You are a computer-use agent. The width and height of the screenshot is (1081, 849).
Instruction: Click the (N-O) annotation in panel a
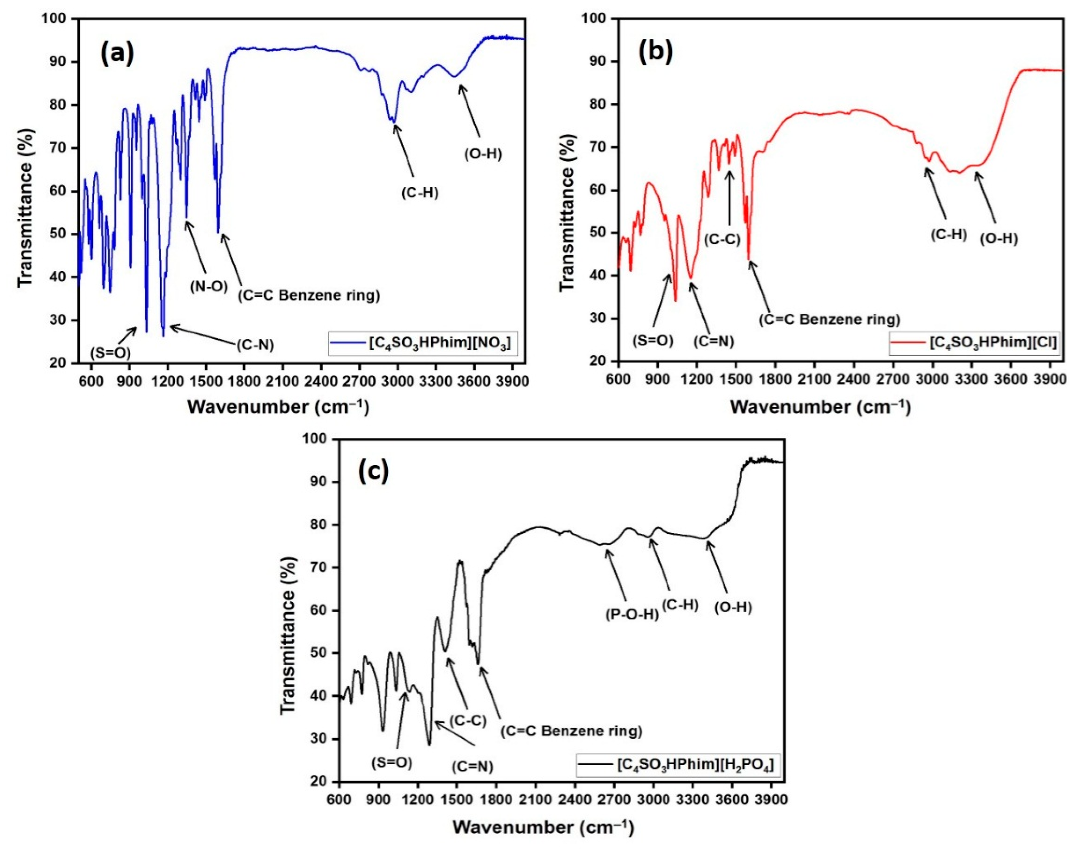pos(209,287)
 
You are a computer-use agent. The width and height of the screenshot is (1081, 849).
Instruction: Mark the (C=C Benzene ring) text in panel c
pos(571,731)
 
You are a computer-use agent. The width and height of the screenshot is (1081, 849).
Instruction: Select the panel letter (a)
pos(118,54)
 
